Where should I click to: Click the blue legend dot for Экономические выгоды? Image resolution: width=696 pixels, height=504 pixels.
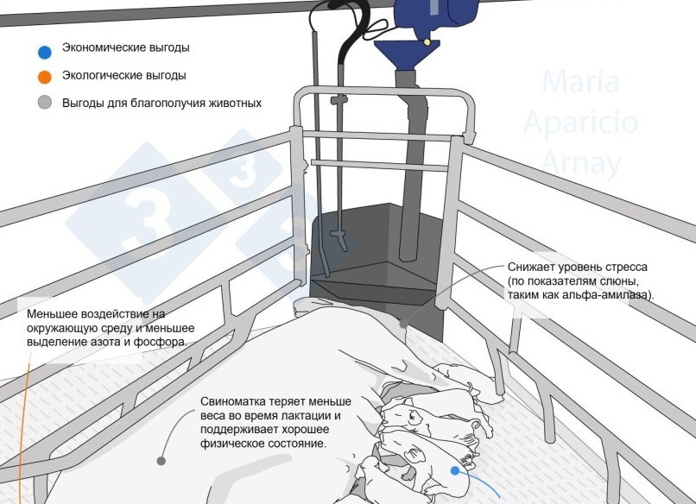[x=45, y=53]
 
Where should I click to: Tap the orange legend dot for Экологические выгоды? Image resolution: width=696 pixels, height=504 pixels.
[x=45, y=77]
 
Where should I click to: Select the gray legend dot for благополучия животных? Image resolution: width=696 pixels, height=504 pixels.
[x=45, y=103]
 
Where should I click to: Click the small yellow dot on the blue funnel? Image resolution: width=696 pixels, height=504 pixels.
[x=427, y=42]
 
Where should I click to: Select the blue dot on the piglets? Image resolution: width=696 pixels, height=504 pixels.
[x=455, y=470]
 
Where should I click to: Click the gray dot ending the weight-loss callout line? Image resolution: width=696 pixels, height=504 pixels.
[x=161, y=461]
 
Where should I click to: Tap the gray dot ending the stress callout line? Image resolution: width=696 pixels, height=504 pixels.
[x=403, y=324]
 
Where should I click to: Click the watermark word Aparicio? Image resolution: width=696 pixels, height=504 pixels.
[x=580, y=122]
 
